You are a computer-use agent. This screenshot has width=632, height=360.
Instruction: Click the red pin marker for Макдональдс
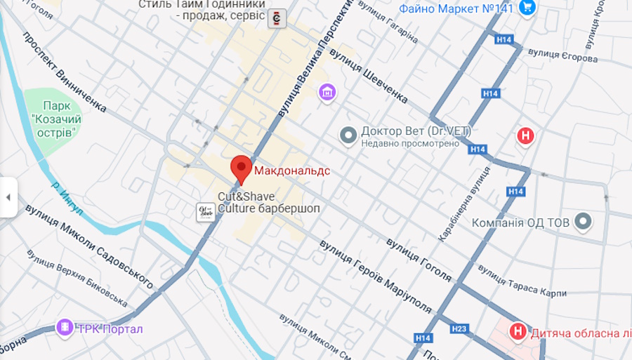[242, 168]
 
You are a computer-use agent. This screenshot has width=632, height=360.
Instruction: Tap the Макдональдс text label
[291, 171]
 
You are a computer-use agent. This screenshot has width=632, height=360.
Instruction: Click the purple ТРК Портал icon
[65, 328]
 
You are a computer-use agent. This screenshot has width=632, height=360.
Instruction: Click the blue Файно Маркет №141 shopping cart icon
[528, 8]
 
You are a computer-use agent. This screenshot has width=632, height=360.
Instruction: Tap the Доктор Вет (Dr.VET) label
[415, 131]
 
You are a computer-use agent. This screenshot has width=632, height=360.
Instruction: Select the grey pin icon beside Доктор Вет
[348, 135]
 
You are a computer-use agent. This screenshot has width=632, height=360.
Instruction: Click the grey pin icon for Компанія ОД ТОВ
[583, 222]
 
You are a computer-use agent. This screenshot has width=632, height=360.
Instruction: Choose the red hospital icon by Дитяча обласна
[518, 331]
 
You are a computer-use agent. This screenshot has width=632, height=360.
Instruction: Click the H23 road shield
[459, 328]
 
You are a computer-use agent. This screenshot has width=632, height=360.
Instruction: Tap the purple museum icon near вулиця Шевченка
[327, 91]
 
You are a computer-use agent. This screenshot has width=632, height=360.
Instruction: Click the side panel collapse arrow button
[8, 197]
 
